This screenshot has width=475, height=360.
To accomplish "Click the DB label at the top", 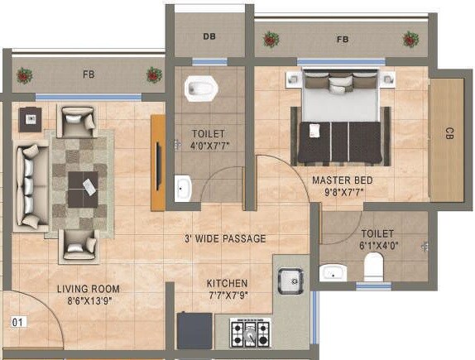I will (x=209, y=36).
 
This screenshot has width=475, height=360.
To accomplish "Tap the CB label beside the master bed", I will (x=449, y=133).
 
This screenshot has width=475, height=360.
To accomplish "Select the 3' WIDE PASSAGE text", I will (x=225, y=238).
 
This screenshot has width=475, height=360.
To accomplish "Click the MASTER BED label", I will (x=342, y=180).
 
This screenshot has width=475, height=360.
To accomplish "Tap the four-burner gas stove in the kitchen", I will (x=249, y=334).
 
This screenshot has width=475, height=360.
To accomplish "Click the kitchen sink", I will (x=290, y=281).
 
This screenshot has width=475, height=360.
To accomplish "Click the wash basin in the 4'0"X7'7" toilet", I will (x=182, y=189).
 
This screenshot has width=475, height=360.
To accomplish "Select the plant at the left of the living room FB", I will (x=24, y=75).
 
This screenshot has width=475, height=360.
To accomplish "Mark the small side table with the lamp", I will (x=30, y=118).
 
